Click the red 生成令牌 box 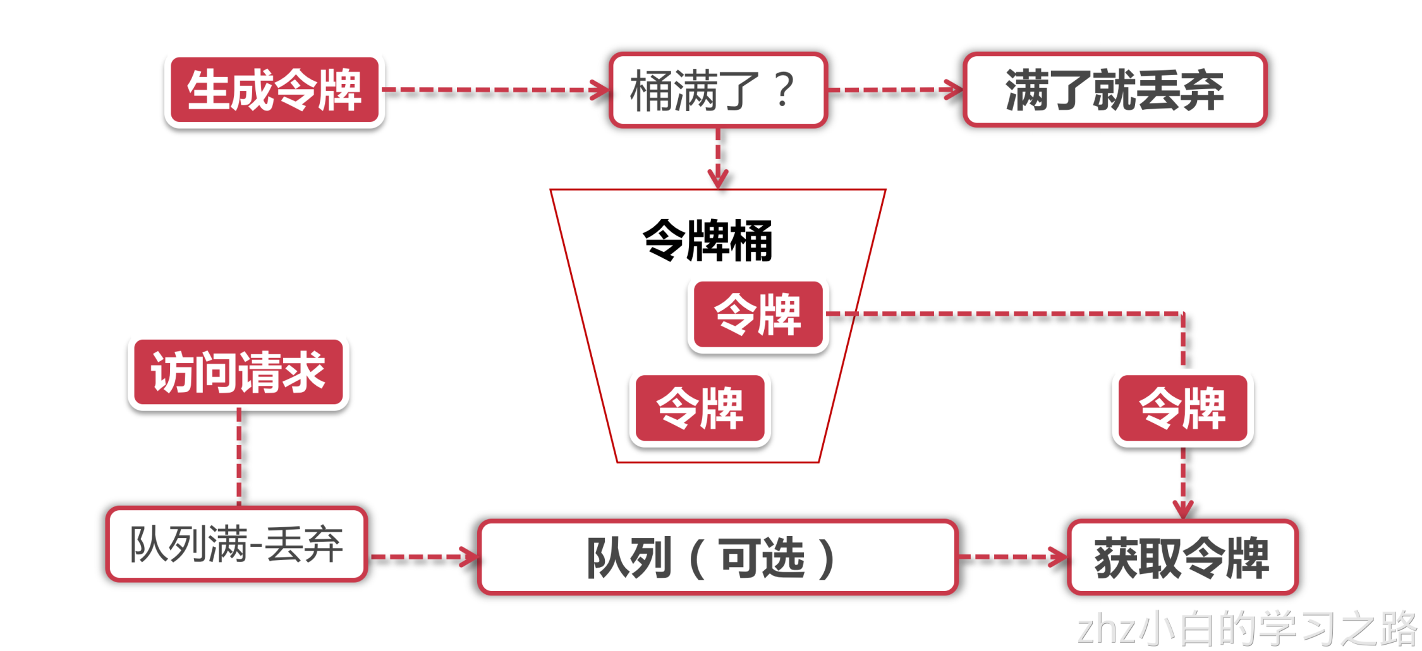click(x=274, y=90)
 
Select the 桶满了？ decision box click(x=718, y=90)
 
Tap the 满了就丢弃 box click(x=1114, y=90)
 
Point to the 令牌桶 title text click(x=707, y=241)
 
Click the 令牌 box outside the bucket click(x=1182, y=408)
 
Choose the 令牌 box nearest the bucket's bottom click(x=700, y=408)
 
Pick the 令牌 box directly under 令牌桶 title click(x=758, y=314)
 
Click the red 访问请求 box click(x=238, y=373)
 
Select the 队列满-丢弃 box click(x=236, y=544)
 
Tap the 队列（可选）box click(x=717, y=557)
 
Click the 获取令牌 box click(x=1182, y=557)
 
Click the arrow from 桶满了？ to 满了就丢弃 click(x=895, y=90)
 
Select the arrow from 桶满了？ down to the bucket click(x=718, y=158)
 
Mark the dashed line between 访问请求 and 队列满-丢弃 click(x=239, y=456)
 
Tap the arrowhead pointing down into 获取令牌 click(x=1182, y=509)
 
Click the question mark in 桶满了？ click(x=784, y=90)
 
